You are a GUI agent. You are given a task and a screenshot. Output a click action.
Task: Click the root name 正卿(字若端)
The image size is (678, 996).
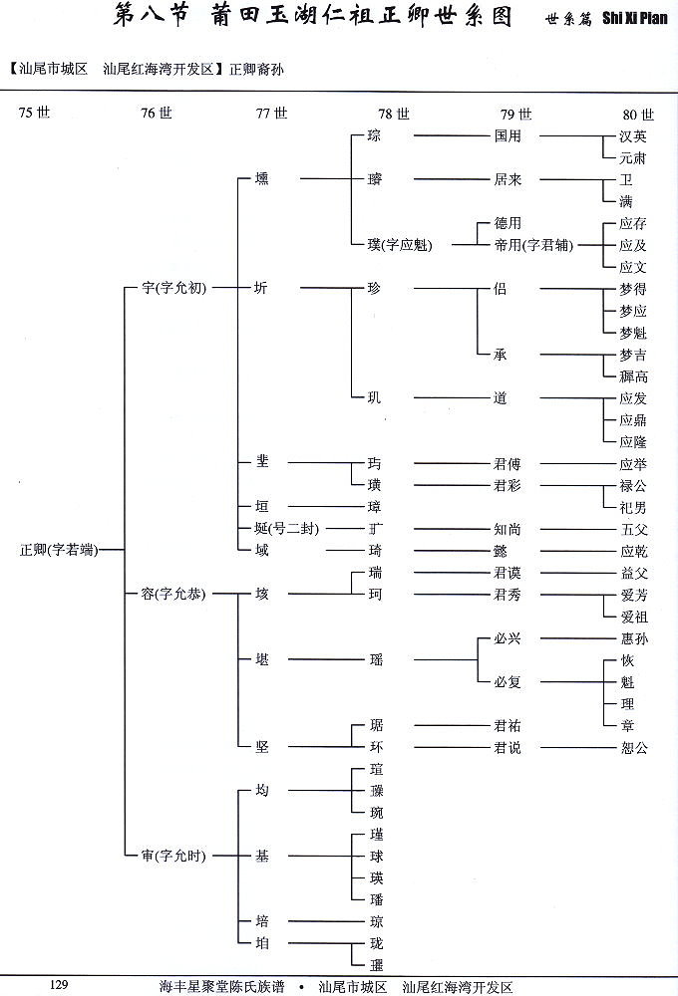click(x=58, y=549)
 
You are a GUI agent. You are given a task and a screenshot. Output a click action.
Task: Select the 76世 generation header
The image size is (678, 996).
click(x=157, y=114)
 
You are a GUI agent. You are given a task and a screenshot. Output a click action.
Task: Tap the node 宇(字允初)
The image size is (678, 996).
click(x=174, y=289)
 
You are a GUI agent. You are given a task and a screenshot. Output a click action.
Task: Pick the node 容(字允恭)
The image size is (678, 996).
click(x=174, y=594)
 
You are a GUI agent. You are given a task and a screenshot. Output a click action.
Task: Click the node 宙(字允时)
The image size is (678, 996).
click(x=174, y=856)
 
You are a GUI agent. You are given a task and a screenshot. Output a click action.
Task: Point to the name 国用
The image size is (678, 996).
click(x=508, y=136)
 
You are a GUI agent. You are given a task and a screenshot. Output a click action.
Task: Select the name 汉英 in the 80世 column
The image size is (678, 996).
click(x=633, y=136)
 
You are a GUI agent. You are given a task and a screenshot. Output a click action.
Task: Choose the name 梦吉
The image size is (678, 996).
click(x=633, y=355)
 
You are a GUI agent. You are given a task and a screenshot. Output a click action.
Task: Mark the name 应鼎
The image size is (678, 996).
click(x=633, y=420)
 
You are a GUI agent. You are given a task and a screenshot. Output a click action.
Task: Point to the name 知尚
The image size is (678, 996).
click(x=508, y=529)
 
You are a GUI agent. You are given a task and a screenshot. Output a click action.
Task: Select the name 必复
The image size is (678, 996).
click(x=508, y=682)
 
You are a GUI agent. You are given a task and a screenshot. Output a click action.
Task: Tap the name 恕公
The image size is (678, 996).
click(x=633, y=748)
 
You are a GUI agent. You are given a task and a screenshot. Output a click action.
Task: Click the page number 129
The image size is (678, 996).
click(x=58, y=985)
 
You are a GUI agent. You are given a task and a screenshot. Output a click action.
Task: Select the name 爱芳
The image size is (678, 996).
click(x=633, y=595)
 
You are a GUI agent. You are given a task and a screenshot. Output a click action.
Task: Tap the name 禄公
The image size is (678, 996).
click(x=633, y=486)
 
